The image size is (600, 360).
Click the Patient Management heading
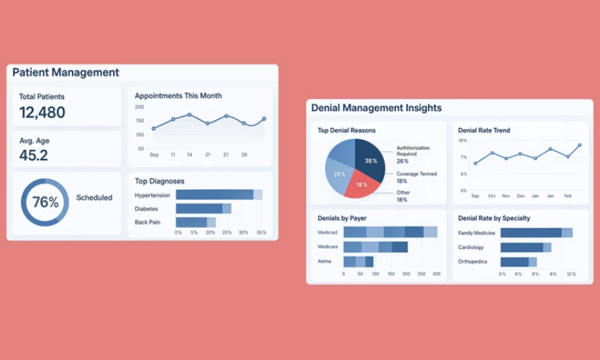[x=66, y=73]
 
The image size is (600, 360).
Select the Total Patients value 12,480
[x=42, y=112]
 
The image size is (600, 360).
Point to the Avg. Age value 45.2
[x=34, y=155]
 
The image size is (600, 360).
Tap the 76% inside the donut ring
[x=45, y=202]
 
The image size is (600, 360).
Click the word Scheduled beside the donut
[x=94, y=198]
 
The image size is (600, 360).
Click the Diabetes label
[x=147, y=208]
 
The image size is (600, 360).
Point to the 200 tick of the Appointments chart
[x=139, y=107]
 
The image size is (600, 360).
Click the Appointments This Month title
[x=178, y=96]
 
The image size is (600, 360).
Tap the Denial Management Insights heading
[x=376, y=108]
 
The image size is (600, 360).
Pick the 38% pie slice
[x=370, y=158]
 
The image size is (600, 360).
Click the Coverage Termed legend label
[x=417, y=174]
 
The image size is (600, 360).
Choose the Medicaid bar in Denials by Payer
[x=389, y=232]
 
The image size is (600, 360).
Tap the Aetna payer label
[x=325, y=261]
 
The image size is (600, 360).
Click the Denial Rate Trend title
[x=484, y=130]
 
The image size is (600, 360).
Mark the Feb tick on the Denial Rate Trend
[x=568, y=196]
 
